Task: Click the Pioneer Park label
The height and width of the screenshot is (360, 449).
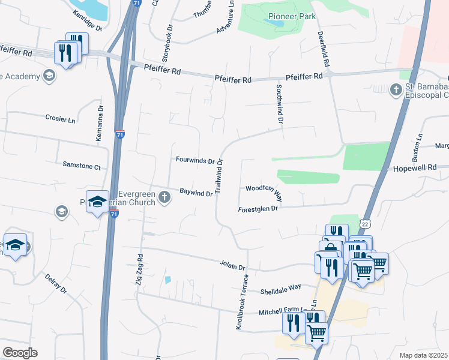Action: pos(292,17)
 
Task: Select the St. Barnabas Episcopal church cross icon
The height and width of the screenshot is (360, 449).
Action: pos(396,90)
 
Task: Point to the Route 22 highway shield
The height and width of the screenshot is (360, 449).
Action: pos(364,223)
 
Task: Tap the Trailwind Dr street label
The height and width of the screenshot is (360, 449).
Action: pos(219,175)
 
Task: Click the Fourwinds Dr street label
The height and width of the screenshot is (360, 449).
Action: pos(195,161)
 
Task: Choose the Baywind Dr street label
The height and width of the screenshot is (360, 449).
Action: pos(196,193)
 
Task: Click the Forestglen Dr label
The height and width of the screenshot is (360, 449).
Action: pos(259,209)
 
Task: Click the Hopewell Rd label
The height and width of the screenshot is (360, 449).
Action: pos(414,169)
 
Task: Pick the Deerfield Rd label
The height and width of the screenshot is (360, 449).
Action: pos(324,49)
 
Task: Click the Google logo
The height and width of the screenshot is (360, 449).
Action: pos(20,353)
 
